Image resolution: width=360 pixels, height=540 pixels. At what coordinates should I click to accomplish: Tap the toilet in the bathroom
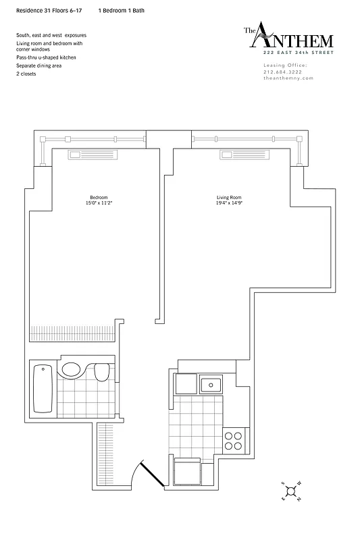pos(102,373)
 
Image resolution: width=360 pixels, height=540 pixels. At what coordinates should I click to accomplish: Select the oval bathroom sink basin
pos(70,370)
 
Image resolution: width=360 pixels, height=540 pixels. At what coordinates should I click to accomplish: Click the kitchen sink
pos(211,385)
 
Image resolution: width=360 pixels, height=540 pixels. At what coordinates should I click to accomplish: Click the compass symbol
pos(290,491)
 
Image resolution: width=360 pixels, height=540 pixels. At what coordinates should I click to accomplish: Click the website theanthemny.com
pos(288,78)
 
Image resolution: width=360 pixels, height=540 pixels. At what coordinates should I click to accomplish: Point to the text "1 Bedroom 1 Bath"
pos(121,11)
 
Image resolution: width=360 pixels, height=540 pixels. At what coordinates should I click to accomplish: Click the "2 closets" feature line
pos(26,73)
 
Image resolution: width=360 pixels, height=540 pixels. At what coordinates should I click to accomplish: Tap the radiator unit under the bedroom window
pos(93,155)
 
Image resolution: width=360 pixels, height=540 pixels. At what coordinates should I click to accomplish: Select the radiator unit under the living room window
pos(245,155)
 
